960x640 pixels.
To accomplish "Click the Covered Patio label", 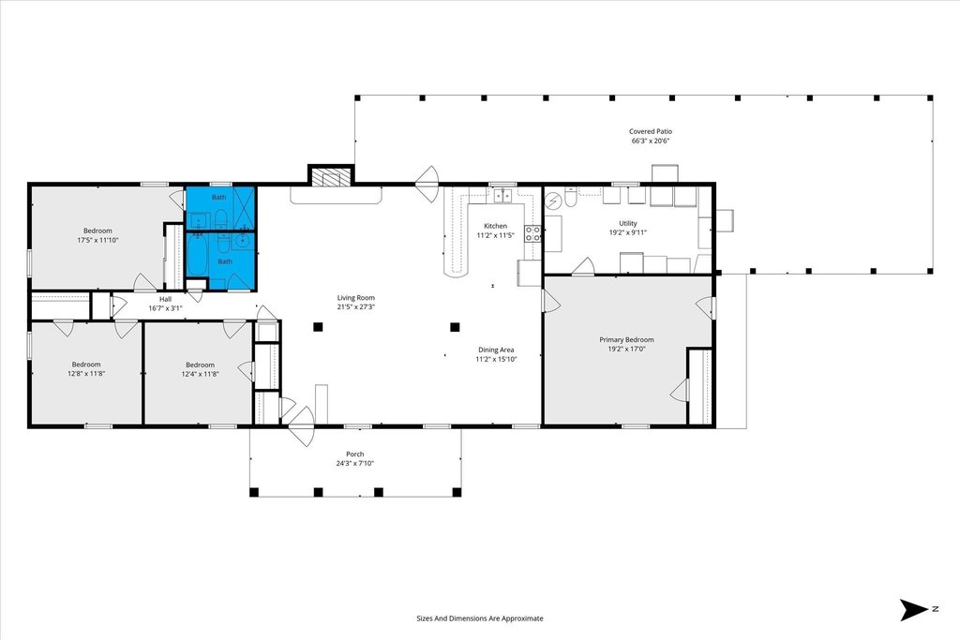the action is pos(651,131).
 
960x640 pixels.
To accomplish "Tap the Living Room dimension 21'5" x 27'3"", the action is pos(355,307).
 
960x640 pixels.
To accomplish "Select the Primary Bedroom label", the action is pos(626,339).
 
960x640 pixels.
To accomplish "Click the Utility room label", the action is pos(627,223).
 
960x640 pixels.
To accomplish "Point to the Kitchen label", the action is pos(495,226).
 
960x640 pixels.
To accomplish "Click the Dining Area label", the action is pos(496,350).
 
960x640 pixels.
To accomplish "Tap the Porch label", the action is pos(355,454).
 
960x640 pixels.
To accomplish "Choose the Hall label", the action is pos(165,299).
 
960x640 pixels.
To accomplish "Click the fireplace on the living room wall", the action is pos(331,177).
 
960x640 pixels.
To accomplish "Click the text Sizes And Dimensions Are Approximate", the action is pos(480,618).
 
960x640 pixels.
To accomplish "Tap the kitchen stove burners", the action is pos(532,233).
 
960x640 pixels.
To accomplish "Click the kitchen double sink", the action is pos(502,195).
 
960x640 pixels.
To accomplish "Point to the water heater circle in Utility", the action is pos(553,201).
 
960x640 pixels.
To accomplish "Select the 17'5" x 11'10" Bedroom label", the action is pos(97,231).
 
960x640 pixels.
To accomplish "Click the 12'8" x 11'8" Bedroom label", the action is pos(86,365).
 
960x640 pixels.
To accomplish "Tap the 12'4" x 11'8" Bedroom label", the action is pos(201,365).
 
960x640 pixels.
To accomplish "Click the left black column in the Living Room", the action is pos(318,327).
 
